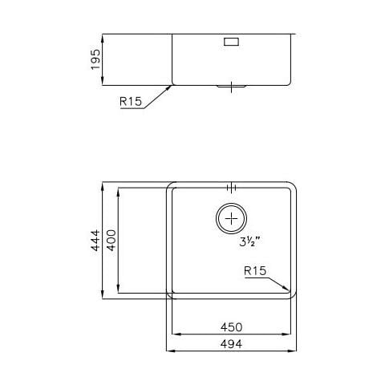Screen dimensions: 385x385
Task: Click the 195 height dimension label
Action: (95, 59)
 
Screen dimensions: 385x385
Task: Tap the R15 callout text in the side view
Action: (132, 102)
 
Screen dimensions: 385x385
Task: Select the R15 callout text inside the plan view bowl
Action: (254, 272)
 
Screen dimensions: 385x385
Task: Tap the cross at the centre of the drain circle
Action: (232, 217)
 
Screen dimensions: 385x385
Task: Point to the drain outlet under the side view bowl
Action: (232, 86)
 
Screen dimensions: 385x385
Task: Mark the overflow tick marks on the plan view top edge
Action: (231, 188)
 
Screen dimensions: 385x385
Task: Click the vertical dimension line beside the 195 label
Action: (103, 59)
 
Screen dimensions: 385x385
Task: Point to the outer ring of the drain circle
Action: (217, 217)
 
